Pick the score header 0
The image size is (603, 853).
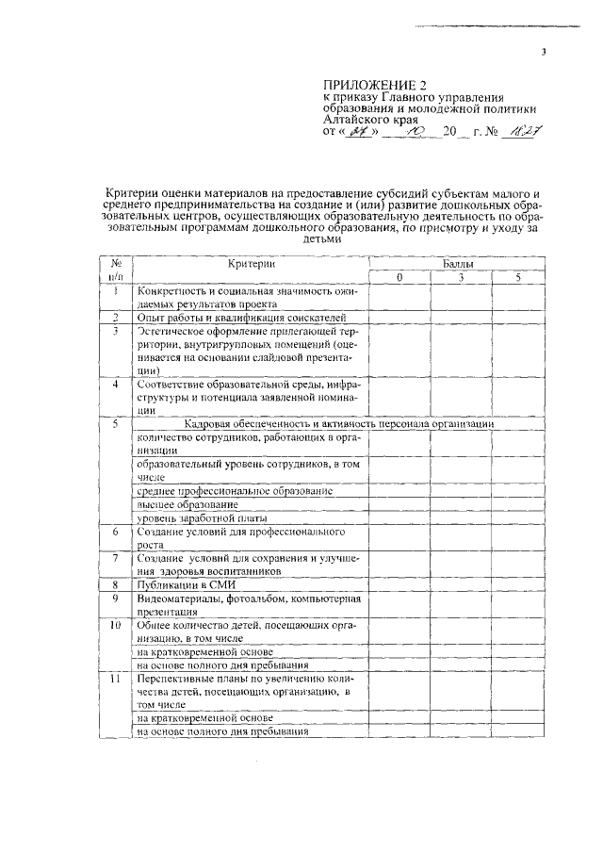[x=399, y=278]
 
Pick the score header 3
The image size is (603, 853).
[x=461, y=278]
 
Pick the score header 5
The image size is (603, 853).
[x=517, y=278]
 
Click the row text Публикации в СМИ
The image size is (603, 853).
[x=180, y=585]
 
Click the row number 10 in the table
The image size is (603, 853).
[x=115, y=625]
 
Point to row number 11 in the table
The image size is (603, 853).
[x=115, y=679]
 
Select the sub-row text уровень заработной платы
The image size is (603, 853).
[x=202, y=518]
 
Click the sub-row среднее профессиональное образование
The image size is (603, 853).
[x=235, y=491]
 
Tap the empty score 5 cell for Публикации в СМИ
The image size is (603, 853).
[x=517, y=585]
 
